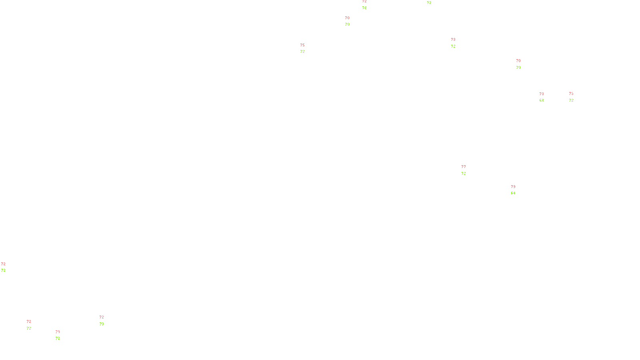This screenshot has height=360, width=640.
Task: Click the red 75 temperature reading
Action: [302, 45]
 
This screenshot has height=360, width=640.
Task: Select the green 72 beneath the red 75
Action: [302, 52]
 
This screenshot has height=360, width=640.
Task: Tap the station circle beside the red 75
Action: [306, 48]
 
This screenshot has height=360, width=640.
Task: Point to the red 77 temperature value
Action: [464, 167]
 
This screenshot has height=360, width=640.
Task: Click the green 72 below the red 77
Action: [464, 174]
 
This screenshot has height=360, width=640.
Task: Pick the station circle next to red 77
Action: [467, 170]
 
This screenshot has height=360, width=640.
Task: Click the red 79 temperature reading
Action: [513, 187]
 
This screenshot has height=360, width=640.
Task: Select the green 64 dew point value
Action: [513, 193]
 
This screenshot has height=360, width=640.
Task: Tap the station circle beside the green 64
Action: [517, 190]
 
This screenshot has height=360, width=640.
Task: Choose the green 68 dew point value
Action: [542, 100]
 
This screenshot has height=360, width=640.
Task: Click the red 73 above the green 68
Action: [542, 94]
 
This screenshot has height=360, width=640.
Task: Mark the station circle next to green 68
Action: [545, 97]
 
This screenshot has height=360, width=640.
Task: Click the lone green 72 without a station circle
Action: [429, 3]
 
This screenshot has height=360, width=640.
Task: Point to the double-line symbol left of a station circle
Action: [571, 97]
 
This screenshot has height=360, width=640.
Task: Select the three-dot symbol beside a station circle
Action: [30, 325]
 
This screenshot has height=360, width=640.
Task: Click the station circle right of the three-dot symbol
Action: [33, 325]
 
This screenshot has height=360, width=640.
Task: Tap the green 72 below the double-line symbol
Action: [571, 100]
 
